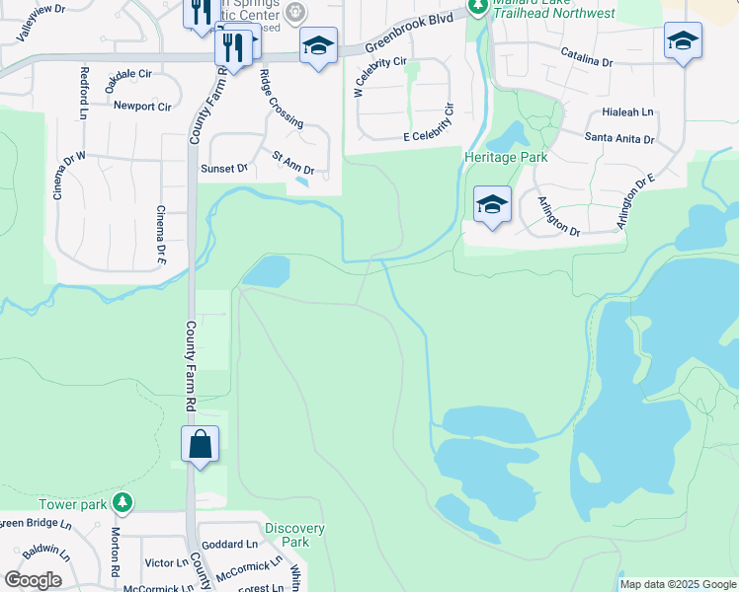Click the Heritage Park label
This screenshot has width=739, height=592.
pos(507,157)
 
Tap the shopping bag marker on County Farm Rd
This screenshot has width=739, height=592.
pos(201,445)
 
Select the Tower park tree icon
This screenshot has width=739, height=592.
pos(123,504)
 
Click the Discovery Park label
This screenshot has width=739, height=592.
pos(294,535)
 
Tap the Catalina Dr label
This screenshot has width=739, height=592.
pos(586,61)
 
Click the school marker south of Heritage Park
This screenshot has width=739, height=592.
pos(492,206)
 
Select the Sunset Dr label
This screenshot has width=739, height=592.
pos(224,169)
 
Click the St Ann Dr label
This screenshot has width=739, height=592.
pos(292,163)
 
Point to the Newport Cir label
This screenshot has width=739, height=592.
pos(142,106)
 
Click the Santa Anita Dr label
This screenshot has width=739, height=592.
pos(619,138)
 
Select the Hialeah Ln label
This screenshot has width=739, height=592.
pos(633,112)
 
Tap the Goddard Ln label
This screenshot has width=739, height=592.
pos(229,544)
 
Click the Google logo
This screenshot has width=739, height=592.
pos(33,580)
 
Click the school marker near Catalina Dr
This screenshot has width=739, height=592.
pos(683,42)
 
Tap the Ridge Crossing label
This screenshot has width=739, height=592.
pos(281,98)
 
